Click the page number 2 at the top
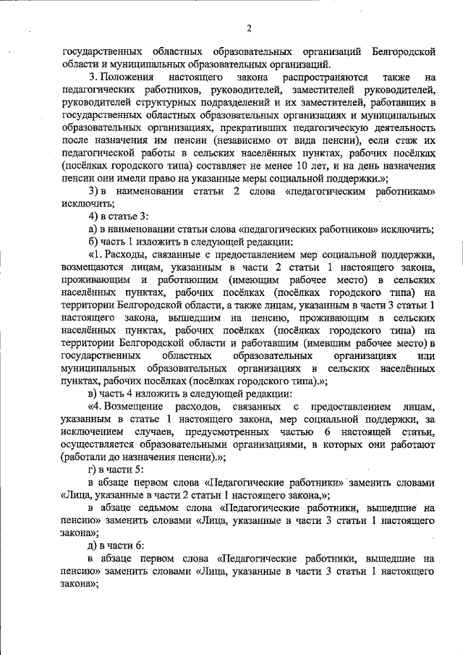pos(247,28)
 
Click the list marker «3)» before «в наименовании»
pos(93,191)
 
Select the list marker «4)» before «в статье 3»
pos(93,216)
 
